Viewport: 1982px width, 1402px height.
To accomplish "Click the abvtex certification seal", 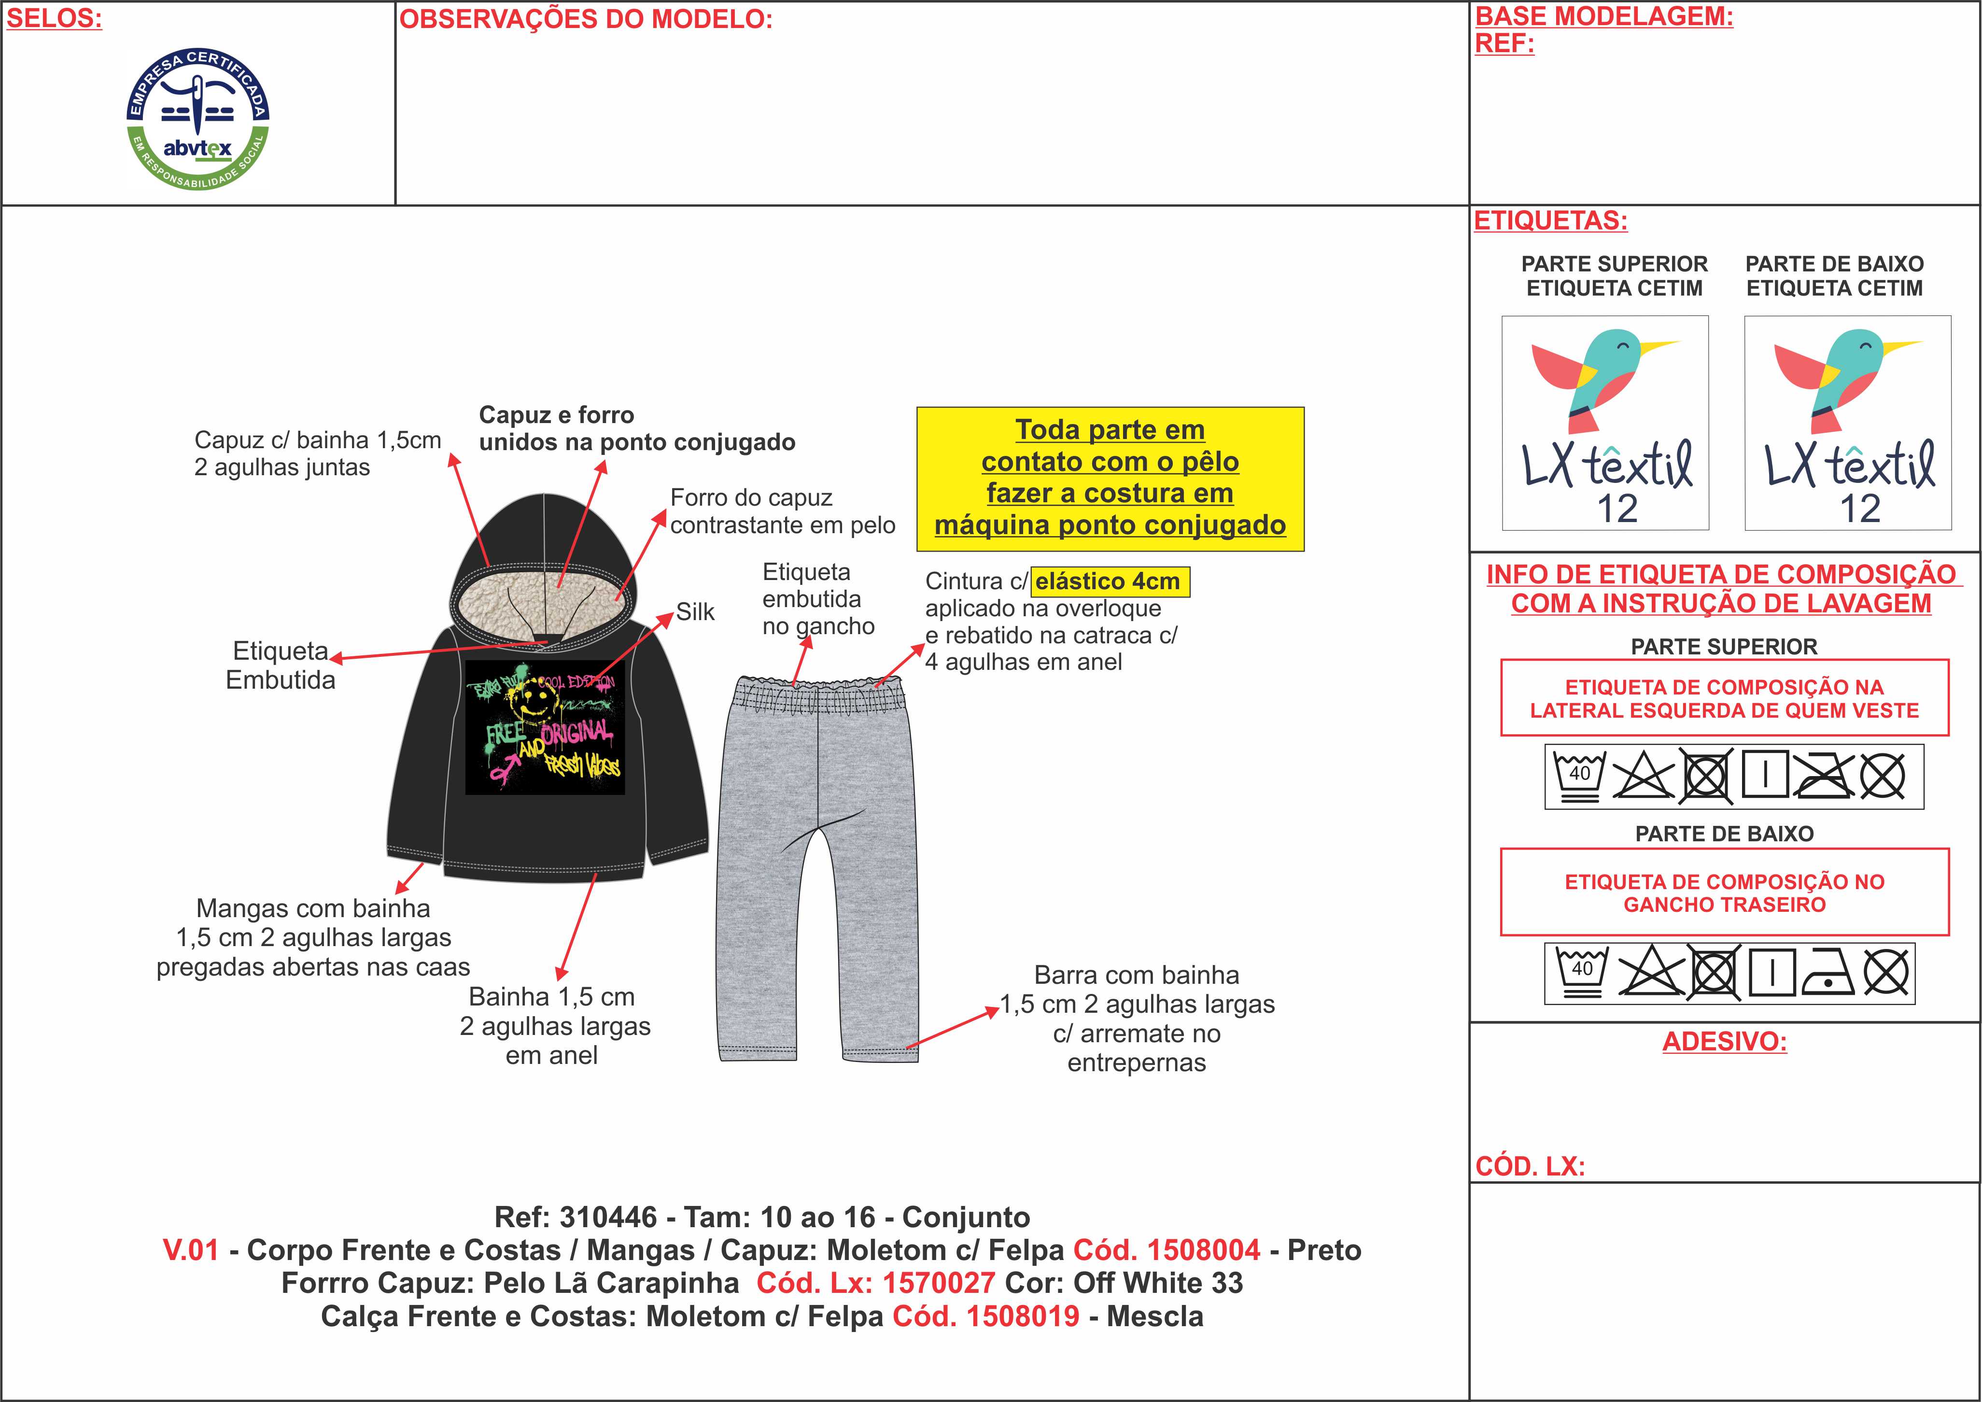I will click(197, 118).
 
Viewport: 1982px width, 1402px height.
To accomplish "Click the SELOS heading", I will click(54, 19).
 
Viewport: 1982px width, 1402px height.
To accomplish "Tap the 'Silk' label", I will click(695, 612).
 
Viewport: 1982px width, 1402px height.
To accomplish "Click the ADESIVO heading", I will click(1724, 1041).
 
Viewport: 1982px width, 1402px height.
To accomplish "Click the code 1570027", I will click(938, 1283).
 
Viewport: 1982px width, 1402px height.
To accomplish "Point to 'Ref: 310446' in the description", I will click(575, 1217).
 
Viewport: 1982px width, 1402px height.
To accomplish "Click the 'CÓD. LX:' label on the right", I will click(1530, 1166).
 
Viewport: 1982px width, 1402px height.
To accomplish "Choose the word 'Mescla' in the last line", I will click(1155, 1317).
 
